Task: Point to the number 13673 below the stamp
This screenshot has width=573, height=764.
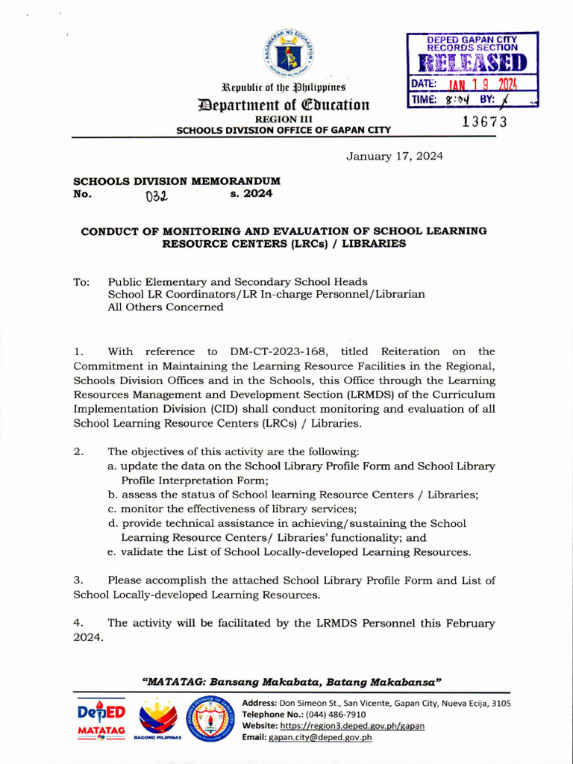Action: tap(484, 122)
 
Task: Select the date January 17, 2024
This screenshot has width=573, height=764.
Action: tap(394, 156)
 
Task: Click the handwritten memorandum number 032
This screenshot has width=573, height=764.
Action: tap(157, 196)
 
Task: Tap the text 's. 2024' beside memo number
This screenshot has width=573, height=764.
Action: tap(251, 193)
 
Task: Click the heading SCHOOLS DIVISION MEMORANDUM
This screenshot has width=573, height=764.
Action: tap(176, 181)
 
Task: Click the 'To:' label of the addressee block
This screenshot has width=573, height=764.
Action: tap(81, 282)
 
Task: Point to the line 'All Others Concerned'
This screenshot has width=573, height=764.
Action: tap(166, 307)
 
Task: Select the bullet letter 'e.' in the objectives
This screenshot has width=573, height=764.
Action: tap(113, 552)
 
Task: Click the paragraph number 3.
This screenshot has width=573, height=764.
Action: tap(78, 580)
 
